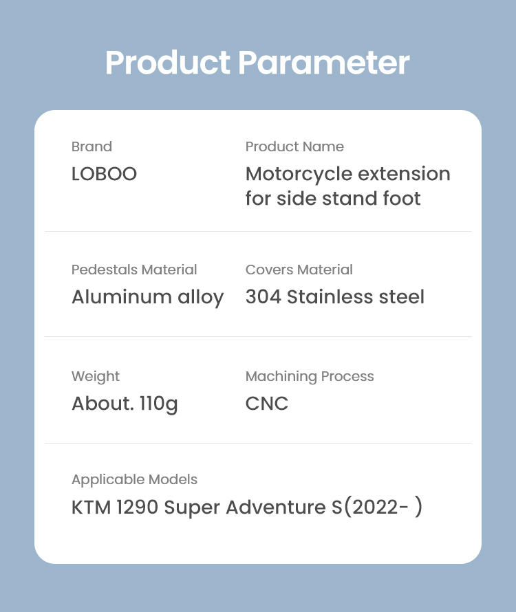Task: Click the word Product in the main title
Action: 168,63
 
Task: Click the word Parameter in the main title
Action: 324,63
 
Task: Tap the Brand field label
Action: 92,146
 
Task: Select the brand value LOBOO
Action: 105,174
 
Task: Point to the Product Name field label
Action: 294,146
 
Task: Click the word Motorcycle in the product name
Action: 299,175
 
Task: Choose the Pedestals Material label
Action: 134,270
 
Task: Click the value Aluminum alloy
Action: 148,298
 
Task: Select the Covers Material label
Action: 299,270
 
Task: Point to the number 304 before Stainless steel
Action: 264,297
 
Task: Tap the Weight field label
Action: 96,377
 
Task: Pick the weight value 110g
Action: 159,404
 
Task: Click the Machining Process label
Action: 310,377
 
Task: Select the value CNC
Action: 267,404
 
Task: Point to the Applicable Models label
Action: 134,480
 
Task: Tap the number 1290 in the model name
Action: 137,507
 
